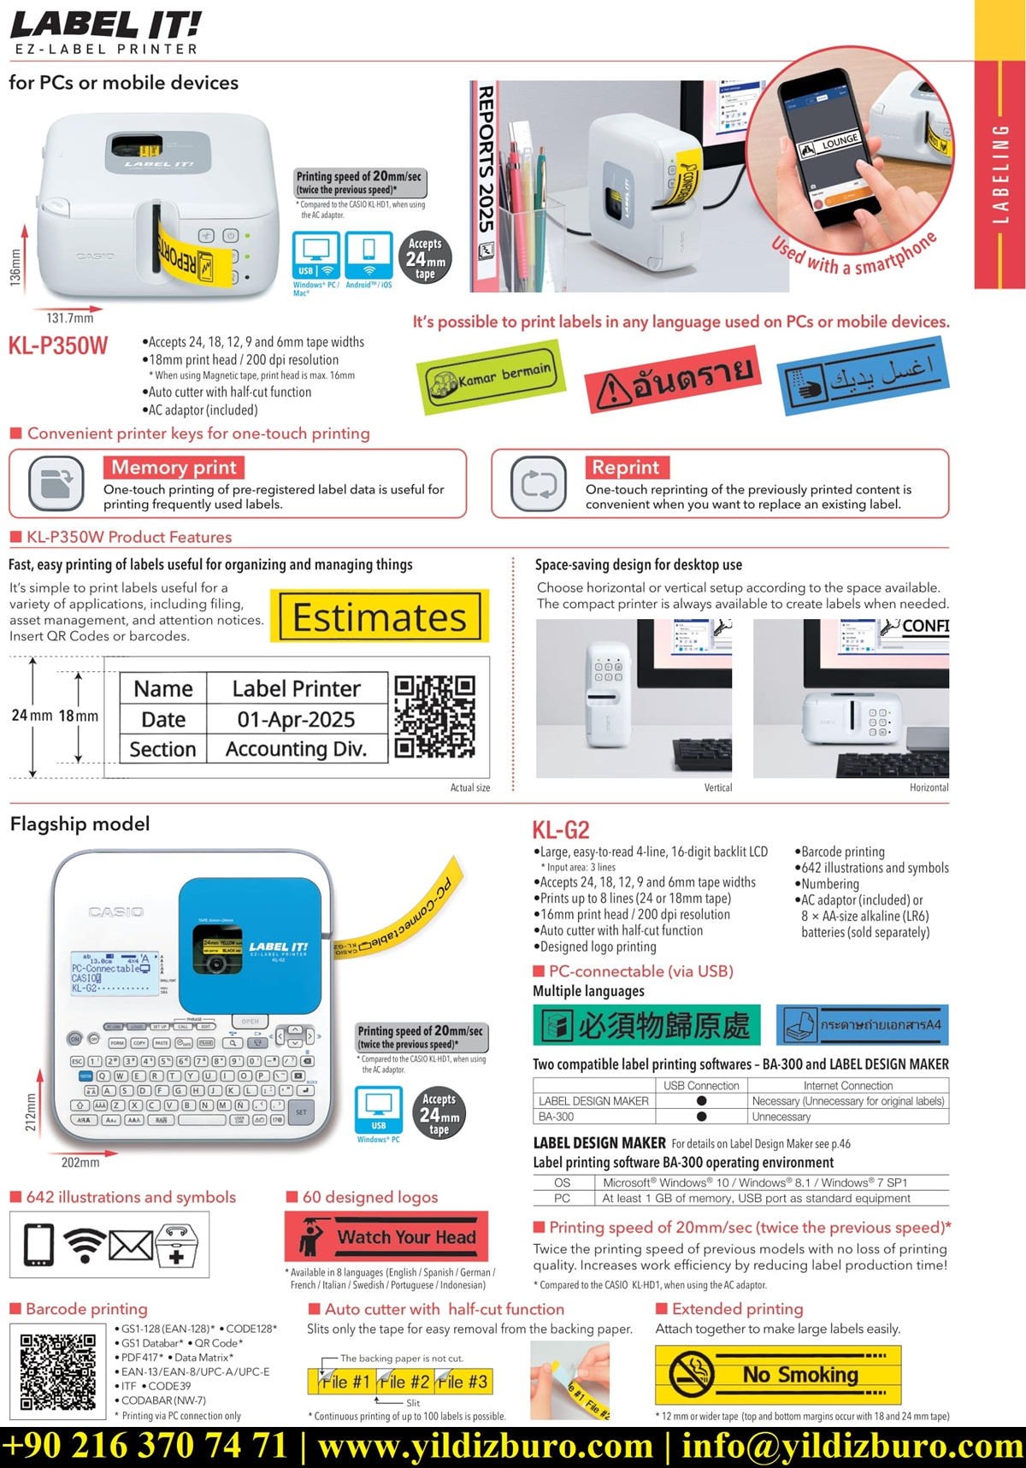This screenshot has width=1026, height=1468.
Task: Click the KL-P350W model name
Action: pyautogui.click(x=58, y=345)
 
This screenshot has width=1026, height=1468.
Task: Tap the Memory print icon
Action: pyautogui.click(x=56, y=483)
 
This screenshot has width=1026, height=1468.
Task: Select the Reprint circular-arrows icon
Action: pyautogui.click(x=539, y=483)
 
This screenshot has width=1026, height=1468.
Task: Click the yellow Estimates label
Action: pyautogui.click(x=380, y=616)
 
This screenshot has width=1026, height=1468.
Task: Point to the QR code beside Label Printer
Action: pyautogui.click(x=434, y=716)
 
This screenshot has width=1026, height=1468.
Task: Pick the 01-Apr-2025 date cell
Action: pyautogui.click(x=296, y=720)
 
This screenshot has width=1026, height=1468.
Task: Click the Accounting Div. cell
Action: pyautogui.click(x=296, y=750)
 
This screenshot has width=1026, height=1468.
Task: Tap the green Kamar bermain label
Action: pyautogui.click(x=492, y=377)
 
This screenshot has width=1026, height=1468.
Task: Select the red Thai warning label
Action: pyautogui.click(x=673, y=376)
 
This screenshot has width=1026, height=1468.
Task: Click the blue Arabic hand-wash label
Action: pyautogui.click(x=864, y=375)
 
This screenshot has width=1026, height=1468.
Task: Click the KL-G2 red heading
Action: pyautogui.click(x=561, y=830)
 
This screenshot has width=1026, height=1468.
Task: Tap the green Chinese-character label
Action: pyautogui.click(x=647, y=1025)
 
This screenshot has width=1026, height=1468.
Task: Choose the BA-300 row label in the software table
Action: pyautogui.click(x=556, y=1117)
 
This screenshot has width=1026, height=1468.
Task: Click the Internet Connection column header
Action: pyautogui.click(x=847, y=1086)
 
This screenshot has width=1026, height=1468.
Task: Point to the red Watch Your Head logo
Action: pyautogui.click(x=387, y=1237)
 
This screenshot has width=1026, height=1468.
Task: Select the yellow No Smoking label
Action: pyautogui.click(x=778, y=1375)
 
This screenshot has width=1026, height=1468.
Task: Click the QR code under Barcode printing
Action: pyautogui.click(x=58, y=1371)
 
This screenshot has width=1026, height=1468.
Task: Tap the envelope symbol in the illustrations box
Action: pyautogui.click(x=130, y=1246)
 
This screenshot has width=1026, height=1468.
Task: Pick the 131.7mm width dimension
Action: pyautogui.click(x=70, y=318)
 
